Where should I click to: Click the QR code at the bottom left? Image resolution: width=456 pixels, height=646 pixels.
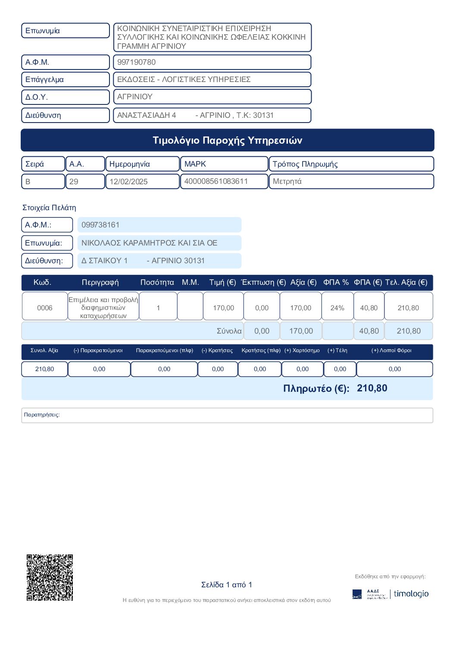pyautogui.click(x=50, y=577)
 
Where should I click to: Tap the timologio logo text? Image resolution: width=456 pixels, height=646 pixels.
pyautogui.click(x=411, y=594)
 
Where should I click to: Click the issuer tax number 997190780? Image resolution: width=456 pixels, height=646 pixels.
pyautogui.click(x=137, y=62)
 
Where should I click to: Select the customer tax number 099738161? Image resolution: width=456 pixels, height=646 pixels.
pyautogui.click(x=100, y=225)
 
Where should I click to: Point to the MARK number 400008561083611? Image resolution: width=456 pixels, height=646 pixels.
pyautogui.click(x=216, y=181)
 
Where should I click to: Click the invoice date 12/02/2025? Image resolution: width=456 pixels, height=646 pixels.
pyautogui.click(x=128, y=182)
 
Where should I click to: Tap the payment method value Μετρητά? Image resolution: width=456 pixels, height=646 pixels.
pyautogui.click(x=287, y=181)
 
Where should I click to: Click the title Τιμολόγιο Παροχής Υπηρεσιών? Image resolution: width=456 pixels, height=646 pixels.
pyautogui.click(x=228, y=140)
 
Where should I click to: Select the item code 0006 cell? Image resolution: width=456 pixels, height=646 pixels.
pyautogui.click(x=45, y=308)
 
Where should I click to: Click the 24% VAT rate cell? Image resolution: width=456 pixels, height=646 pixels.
pyautogui.click(x=337, y=308)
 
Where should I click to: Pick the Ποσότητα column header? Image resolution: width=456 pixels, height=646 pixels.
pyautogui.click(x=157, y=282)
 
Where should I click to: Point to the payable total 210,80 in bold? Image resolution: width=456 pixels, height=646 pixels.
pyautogui.click(x=372, y=388)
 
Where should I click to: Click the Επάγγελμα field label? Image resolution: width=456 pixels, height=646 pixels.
pyautogui.click(x=44, y=79)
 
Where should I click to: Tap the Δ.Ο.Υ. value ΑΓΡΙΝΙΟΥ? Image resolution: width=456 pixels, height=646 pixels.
pyautogui.click(x=135, y=97)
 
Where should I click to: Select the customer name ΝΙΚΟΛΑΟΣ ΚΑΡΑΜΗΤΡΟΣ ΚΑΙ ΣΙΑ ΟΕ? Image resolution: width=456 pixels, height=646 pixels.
pyautogui.click(x=149, y=243)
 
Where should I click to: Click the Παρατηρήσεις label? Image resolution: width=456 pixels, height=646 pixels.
pyautogui.click(x=42, y=415)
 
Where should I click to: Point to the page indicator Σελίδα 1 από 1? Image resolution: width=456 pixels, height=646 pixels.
pyautogui.click(x=227, y=585)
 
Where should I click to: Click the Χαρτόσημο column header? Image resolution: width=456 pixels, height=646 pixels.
pyautogui.click(x=302, y=350)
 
